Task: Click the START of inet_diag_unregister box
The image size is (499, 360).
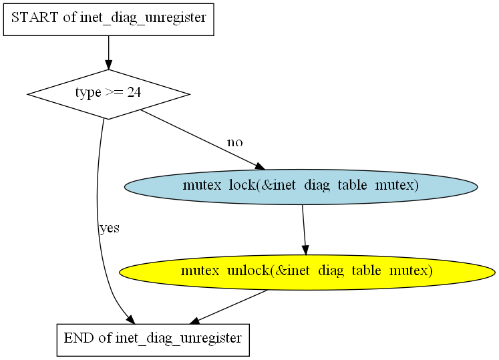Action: (x=108, y=19)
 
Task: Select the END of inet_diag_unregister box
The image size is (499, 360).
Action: (x=153, y=340)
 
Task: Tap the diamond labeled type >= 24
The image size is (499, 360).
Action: (x=108, y=94)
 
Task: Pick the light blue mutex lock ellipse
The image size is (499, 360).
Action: (x=301, y=187)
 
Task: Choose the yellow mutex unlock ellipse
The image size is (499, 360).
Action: (x=307, y=272)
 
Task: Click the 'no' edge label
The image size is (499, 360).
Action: (x=235, y=142)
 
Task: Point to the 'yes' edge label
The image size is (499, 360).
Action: (x=110, y=228)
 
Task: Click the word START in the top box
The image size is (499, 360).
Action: (x=35, y=17)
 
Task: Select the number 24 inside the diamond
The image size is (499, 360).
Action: (x=134, y=92)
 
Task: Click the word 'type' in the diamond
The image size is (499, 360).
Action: (x=88, y=93)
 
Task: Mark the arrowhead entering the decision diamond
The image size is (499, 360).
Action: (x=108, y=64)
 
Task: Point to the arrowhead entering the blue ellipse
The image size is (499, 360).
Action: (x=260, y=166)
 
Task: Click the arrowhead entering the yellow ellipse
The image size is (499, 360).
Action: (x=305, y=250)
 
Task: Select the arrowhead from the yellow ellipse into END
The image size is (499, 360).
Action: (x=194, y=321)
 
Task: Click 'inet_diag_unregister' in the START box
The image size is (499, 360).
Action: (x=143, y=18)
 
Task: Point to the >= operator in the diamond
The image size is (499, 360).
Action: (x=114, y=92)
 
